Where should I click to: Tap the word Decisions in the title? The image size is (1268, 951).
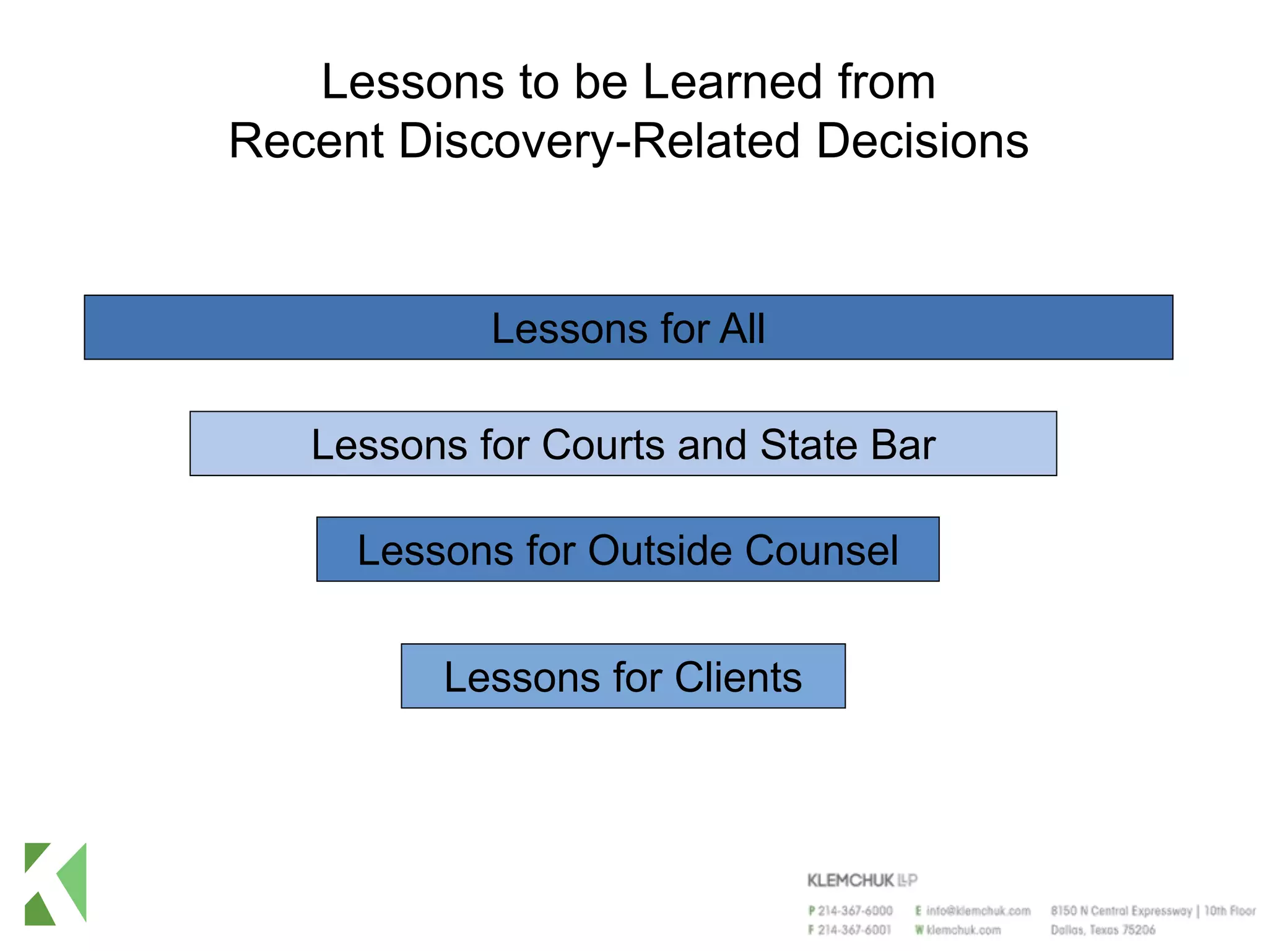point(922,141)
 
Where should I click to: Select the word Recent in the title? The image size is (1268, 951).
point(306,141)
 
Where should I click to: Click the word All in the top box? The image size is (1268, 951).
point(742,328)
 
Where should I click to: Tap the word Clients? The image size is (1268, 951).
point(738,677)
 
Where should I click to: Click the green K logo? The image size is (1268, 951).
point(56,884)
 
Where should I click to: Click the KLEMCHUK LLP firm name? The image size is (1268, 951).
point(861,880)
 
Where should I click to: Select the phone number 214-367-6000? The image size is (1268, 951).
point(855,911)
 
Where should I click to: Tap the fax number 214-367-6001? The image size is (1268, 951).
point(854,930)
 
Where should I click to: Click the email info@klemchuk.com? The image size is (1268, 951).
point(978,911)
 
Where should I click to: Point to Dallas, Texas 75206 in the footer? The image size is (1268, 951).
point(1102,930)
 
